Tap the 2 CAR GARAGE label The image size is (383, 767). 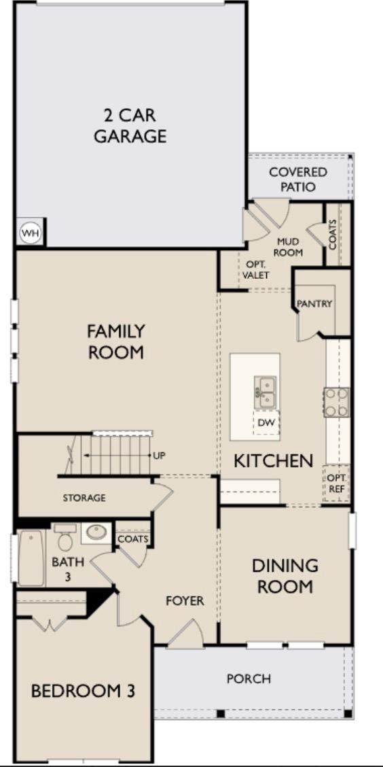(x=130, y=126)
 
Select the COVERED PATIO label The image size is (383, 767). (x=298, y=179)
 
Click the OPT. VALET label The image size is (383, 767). (x=257, y=269)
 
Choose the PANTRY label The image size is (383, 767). (x=314, y=304)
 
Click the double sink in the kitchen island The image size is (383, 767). (x=266, y=392)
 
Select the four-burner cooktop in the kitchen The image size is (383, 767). (x=337, y=402)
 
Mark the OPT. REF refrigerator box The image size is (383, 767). (x=336, y=483)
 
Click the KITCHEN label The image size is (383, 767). (x=273, y=461)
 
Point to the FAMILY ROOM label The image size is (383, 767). (x=116, y=341)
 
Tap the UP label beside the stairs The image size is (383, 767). (x=160, y=456)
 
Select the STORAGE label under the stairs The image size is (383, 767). (x=84, y=498)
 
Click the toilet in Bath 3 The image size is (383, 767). (x=65, y=537)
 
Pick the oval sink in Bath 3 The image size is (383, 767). (x=96, y=532)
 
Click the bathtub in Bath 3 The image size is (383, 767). (x=31, y=558)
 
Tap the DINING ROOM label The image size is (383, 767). (x=285, y=576)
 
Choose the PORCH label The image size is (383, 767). (x=249, y=679)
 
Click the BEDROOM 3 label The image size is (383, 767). (x=83, y=691)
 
